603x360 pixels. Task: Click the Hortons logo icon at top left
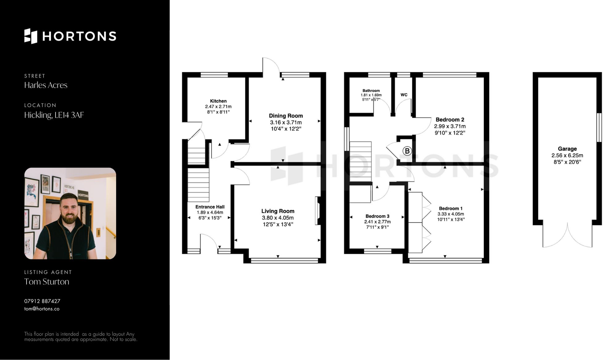[31, 36]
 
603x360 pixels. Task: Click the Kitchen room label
[218, 101]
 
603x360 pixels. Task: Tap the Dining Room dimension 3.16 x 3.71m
[286, 122]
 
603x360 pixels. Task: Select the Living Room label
[278, 211]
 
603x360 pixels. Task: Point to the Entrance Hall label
[210, 207]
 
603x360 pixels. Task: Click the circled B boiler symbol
[407, 151]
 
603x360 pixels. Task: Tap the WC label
[404, 95]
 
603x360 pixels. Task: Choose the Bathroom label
[371, 90]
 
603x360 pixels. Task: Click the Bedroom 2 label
[450, 119]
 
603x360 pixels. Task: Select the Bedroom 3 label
[377, 216]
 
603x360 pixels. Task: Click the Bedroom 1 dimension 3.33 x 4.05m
[451, 214]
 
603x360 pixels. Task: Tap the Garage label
[567, 149]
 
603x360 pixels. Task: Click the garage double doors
[567, 236]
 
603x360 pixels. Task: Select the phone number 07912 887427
[42, 301]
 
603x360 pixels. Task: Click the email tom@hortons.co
[42, 309]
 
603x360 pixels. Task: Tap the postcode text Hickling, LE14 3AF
[54, 115]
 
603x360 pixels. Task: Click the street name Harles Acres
[46, 85]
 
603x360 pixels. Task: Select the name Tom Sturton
[47, 282]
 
